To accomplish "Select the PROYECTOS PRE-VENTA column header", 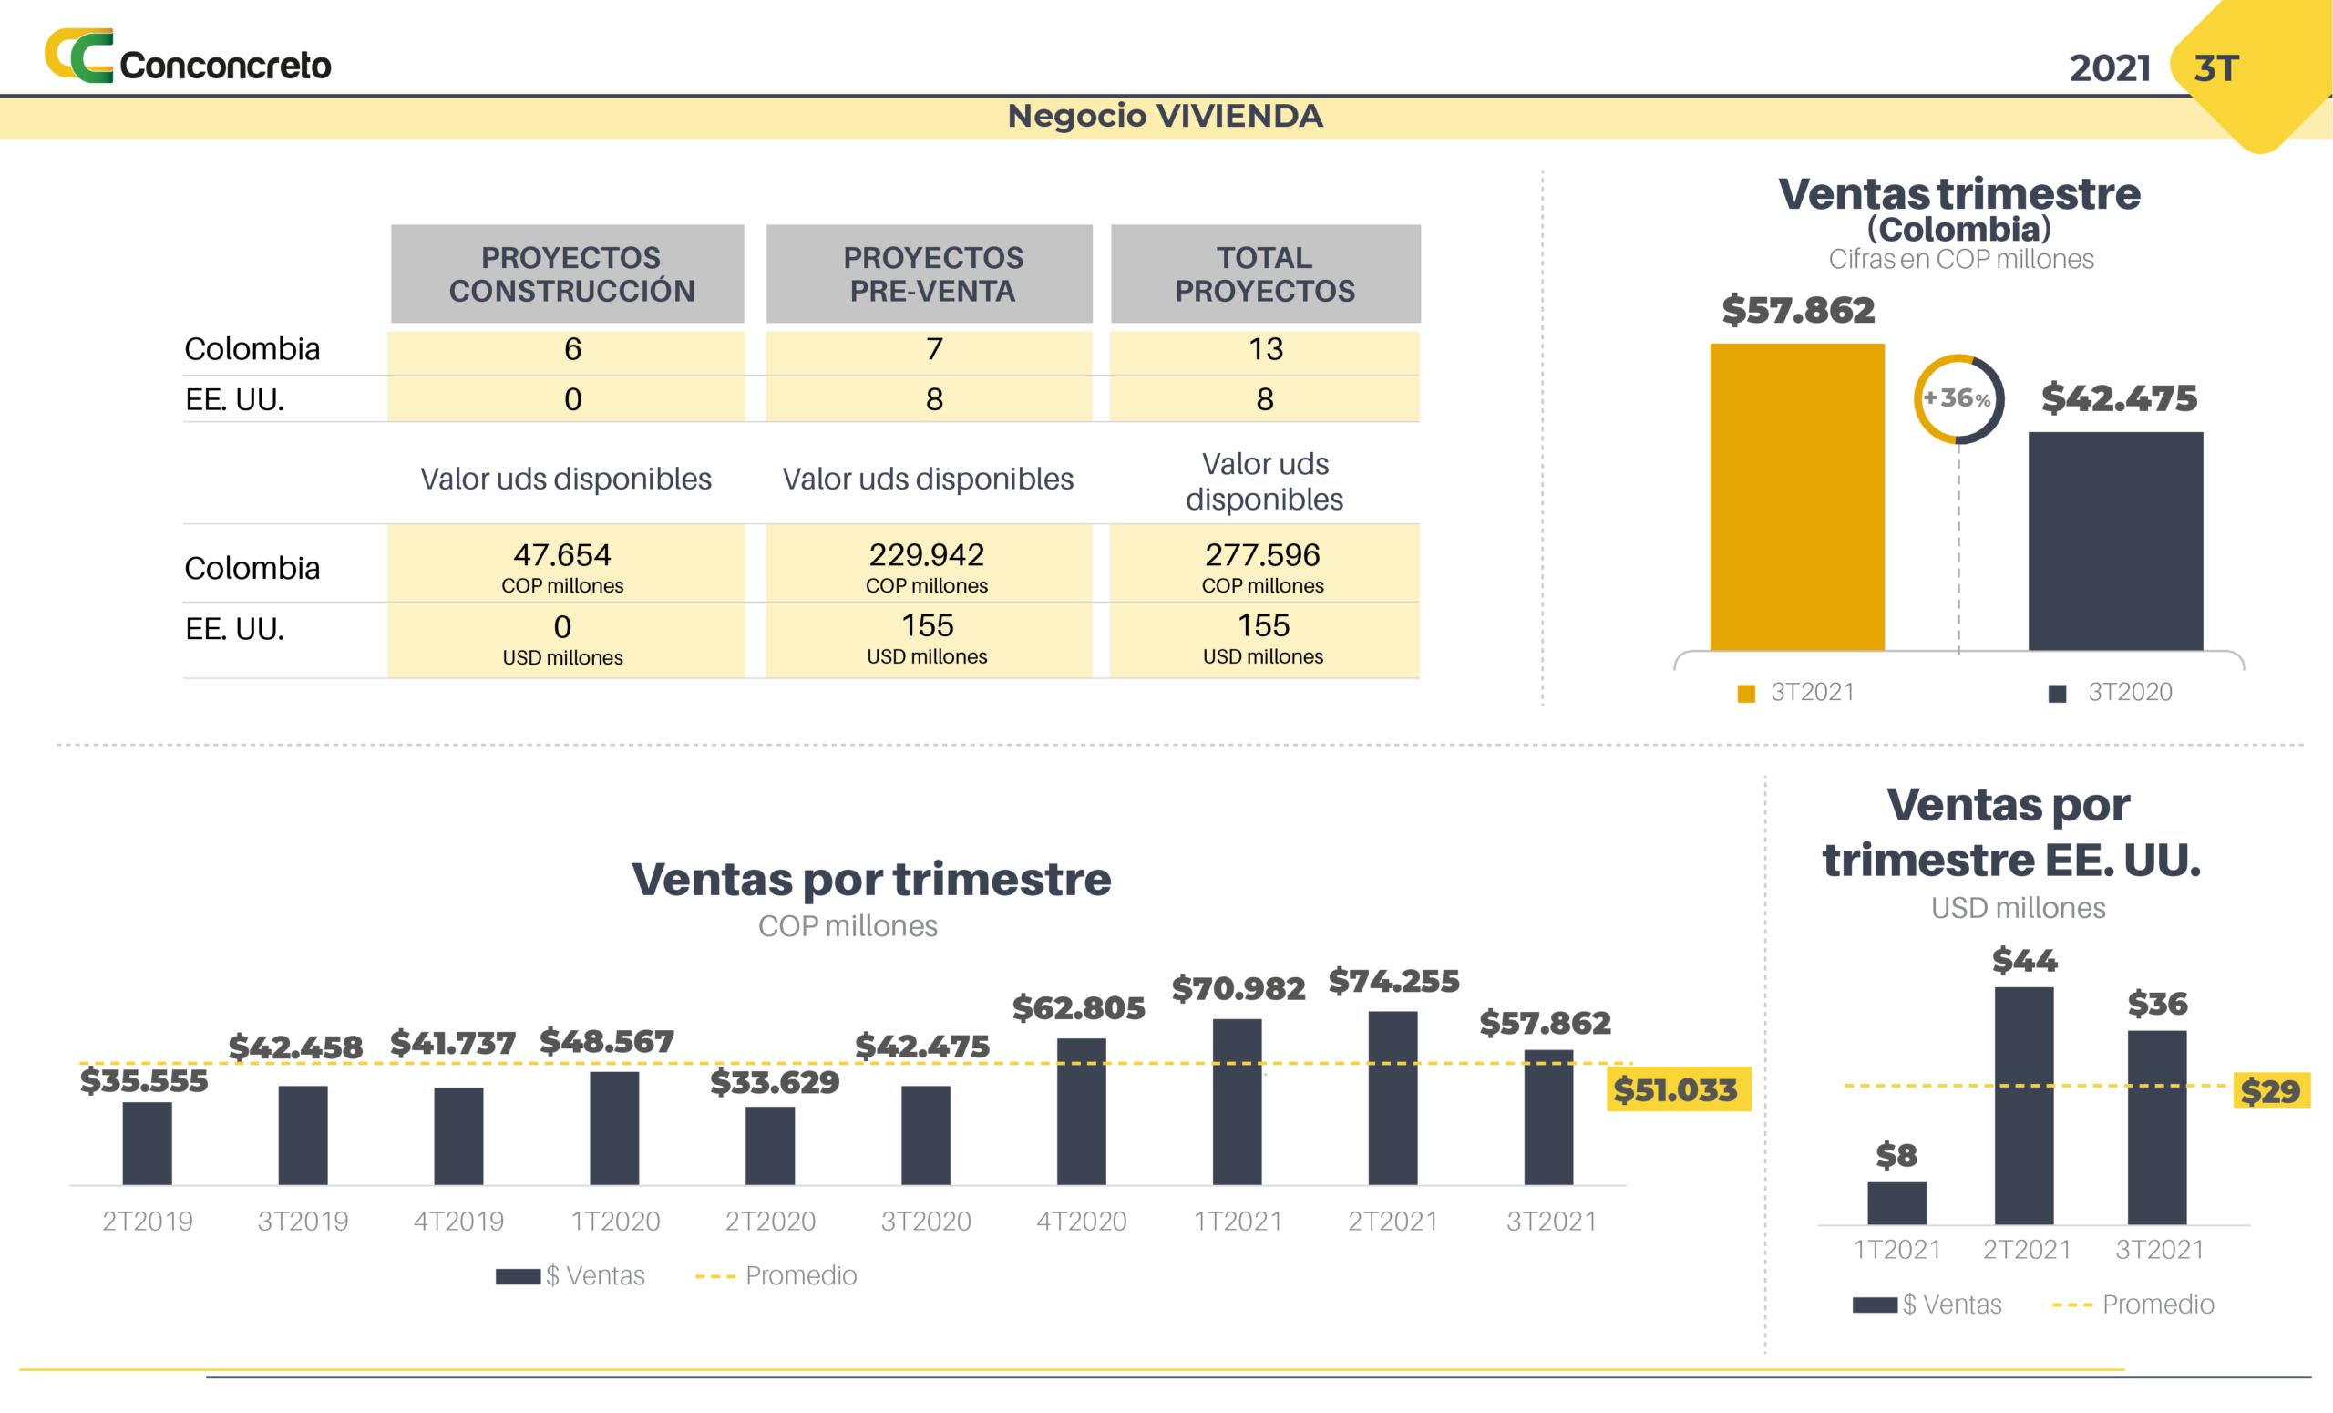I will coord(931,273).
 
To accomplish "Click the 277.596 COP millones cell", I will coord(1263,564).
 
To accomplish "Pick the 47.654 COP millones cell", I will coord(563,564).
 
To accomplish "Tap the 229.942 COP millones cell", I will coord(927,564).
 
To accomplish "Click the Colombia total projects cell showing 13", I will coord(1265,349).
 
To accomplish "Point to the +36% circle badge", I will coord(1958,398).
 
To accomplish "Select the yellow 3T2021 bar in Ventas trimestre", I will coord(1796,496).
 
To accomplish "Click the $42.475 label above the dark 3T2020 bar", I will coord(2118,398).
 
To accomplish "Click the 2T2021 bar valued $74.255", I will coord(1393,1098).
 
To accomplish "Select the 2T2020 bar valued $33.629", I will coord(770,1145).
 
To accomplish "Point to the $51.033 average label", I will coord(1677,1090).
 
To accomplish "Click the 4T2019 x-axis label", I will coord(459,1221).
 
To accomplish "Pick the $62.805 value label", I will coord(1078,1007).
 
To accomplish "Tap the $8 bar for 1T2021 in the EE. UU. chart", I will coord(1896,1202).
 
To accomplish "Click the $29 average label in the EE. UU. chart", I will coord(2269,1091).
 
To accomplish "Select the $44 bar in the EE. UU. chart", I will coord(2024,1105).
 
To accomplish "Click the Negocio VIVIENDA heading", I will coord(1165,117).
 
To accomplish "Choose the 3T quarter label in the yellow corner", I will coord(2216,68).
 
